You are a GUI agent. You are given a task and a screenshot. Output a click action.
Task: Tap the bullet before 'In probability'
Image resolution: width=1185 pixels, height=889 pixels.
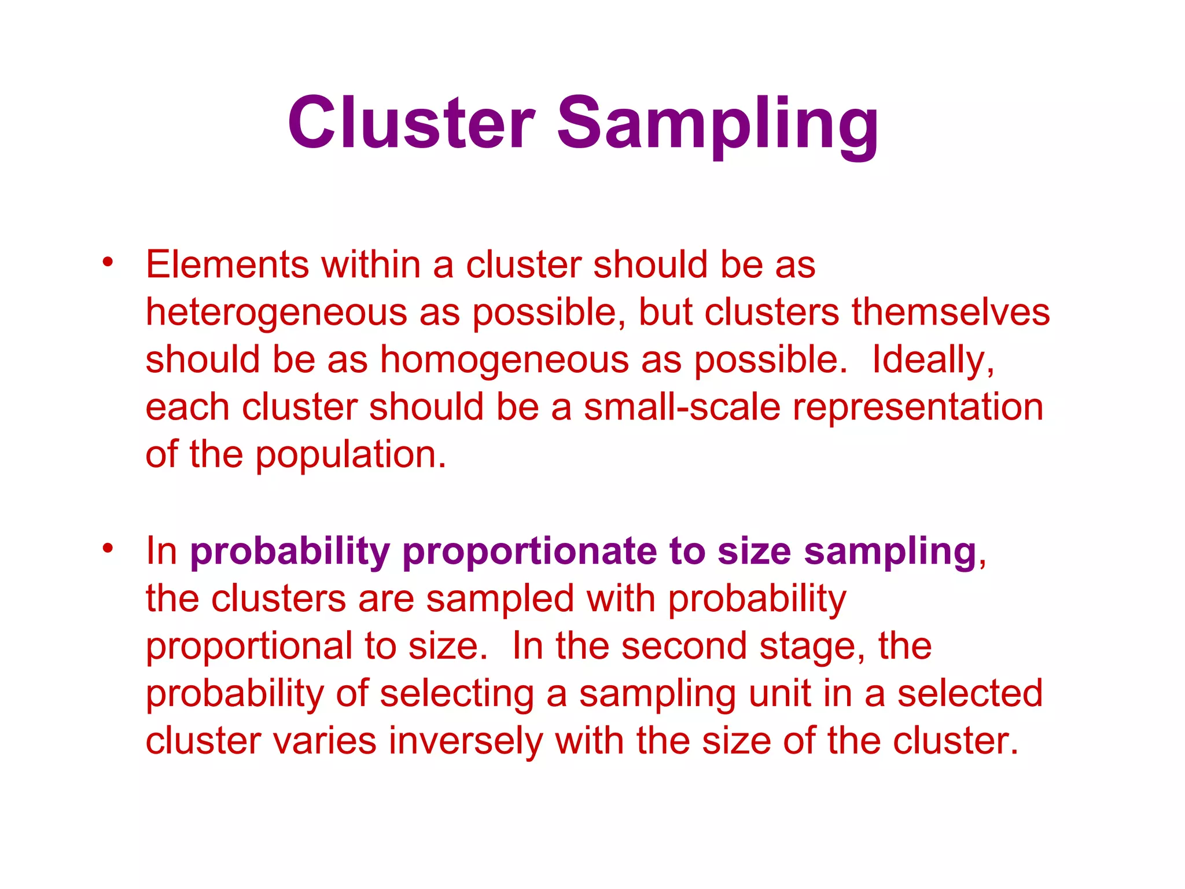108,547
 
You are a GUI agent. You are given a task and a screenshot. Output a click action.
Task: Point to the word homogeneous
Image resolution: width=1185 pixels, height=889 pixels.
504,360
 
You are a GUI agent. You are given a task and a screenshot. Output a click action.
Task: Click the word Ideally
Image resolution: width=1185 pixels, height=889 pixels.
932,360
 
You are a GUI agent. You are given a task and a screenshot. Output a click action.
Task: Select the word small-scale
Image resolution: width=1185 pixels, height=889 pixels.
682,407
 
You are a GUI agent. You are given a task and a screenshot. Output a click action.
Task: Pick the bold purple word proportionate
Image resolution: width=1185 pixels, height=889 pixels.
529,551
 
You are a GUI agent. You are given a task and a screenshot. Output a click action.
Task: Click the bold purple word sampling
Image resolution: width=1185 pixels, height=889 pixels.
890,552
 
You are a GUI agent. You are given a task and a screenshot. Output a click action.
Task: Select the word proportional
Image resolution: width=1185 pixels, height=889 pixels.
249,647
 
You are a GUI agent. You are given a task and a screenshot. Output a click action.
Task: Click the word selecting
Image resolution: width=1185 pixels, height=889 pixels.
457,695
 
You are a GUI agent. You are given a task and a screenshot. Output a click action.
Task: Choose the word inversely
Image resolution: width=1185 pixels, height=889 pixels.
466,741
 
